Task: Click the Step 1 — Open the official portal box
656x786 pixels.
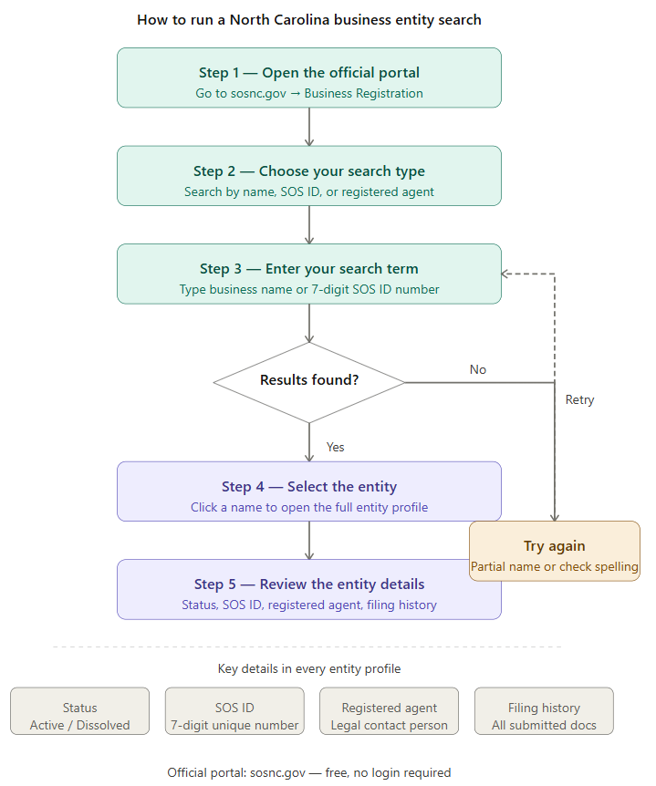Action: tap(309, 78)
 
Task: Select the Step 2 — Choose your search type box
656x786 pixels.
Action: tap(309, 176)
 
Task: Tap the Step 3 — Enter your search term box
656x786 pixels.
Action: tap(309, 274)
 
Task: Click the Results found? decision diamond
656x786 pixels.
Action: tap(309, 382)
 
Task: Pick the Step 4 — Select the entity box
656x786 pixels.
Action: tap(309, 491)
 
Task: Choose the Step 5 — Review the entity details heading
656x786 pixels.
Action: tap(309, 584)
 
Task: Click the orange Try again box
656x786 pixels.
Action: tap(554, 552)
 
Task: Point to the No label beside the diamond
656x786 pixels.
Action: tap(477, 369)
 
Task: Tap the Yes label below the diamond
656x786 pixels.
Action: tap(335, 447)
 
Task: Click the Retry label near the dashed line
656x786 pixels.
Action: tap(579, 399)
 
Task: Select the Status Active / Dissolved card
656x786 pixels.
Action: tap(79, 711)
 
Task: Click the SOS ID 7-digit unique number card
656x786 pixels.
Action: tap(234, 711)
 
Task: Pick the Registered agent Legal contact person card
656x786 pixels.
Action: tap(390, 711)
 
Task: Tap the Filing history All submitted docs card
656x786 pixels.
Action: tap(544, 711)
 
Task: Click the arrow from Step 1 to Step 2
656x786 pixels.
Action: tap(309, 127)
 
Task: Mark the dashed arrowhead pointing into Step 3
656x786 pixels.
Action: tap(505, 274)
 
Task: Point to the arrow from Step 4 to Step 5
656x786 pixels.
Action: tap(309, 541)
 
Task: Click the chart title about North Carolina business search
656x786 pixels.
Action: tap(309, 19)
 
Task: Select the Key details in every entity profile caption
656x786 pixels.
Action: tap(309, 668)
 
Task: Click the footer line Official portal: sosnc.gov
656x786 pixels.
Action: tap(309, 772)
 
